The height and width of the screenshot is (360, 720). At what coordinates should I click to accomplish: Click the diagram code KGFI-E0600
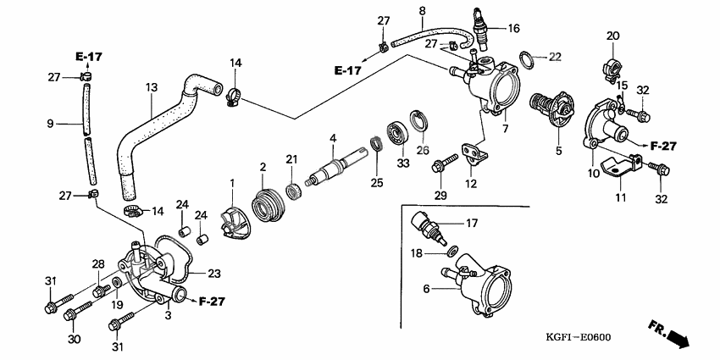point(572,337)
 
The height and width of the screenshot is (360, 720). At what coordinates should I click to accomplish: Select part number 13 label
point(152,87)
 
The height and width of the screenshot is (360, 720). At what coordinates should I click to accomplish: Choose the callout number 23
point(213,274)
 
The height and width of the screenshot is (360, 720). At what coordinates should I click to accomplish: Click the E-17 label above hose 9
point(87,57)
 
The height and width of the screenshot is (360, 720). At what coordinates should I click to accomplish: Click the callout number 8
point(421,11)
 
